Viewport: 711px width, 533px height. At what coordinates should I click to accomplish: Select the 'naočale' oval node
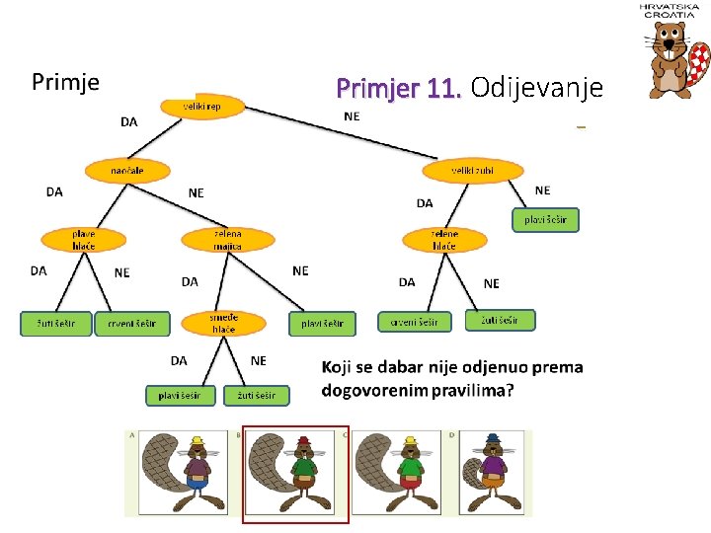tap(126, 171)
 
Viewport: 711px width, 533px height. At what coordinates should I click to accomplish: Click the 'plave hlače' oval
tap(83, 239)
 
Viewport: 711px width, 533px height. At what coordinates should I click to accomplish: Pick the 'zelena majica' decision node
tap(228, 239)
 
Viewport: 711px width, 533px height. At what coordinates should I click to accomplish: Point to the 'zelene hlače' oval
tap(444, 239)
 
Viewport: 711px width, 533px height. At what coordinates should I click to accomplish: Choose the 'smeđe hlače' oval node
tap(223, 323)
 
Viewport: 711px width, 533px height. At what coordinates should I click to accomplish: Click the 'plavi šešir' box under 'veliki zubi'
tap(545, 219)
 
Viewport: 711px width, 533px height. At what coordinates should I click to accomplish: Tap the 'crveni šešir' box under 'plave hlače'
tap(132, 323)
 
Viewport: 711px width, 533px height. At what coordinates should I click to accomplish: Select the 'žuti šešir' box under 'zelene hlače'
tap(501, 320)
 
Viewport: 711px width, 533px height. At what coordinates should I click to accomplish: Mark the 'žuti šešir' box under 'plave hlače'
tap(56, 323)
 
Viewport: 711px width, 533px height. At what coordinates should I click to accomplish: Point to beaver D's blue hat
tap(492, 439)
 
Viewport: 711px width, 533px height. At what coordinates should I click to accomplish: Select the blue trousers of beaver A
tap(198, 483)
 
